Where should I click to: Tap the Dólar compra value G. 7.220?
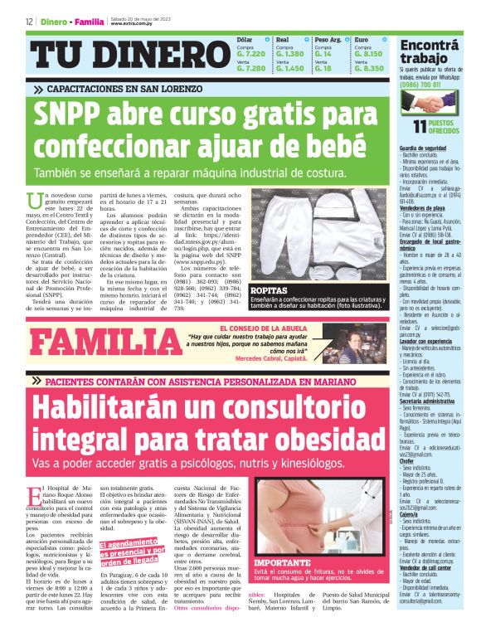[x=250, y=53]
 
